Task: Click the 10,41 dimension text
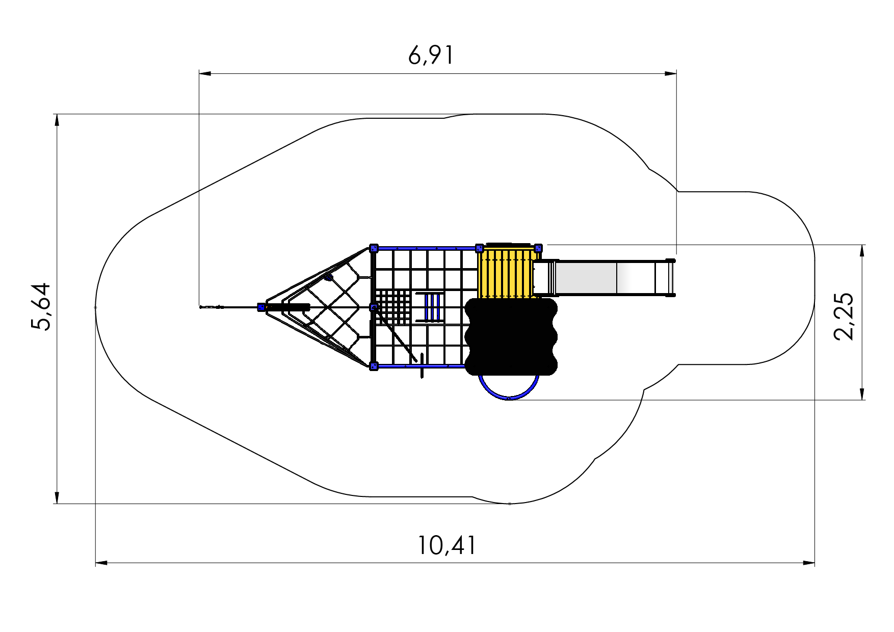click(447, 545)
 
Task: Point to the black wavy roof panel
click(511, 336)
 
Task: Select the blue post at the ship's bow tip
click(261, 307)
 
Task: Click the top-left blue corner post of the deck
click(374, 248)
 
